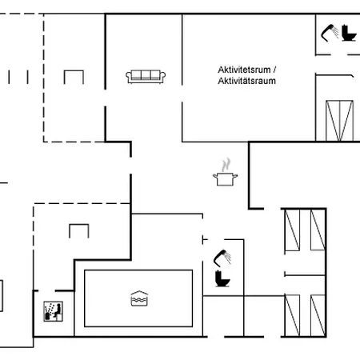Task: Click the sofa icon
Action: [146, 77]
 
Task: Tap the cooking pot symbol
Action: [226, 179]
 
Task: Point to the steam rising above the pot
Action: [226, 165]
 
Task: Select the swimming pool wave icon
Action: [139, 298]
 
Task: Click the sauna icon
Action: [53, 311]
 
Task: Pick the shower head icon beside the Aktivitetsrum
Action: [330, 33]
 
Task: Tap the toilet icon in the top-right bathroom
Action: [349, 33]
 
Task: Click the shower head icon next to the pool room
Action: [222, 258]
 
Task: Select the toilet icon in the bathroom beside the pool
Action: [222, 278]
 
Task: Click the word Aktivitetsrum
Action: [244, 70]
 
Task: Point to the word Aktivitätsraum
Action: [246, 81]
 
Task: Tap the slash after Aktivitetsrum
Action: [274, 70]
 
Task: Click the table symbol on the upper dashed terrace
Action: [74, 77]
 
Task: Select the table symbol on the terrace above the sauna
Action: [79, 231]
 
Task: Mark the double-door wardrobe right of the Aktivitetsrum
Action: [339, 121]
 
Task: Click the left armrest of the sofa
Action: [129, 77]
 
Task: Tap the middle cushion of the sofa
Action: [146, 75]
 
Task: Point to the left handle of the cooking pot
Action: [215, 176]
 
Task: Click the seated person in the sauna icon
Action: [58, 310]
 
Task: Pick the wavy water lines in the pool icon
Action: [139, 300]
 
